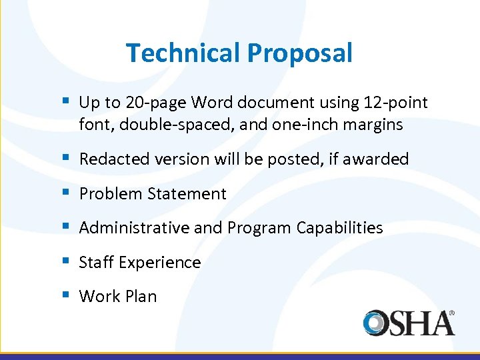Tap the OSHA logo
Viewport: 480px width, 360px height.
coord(409,323)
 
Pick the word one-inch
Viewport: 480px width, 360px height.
coord(293,125)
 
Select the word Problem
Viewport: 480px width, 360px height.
coord(109,194)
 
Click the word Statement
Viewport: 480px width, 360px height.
coord(187,194)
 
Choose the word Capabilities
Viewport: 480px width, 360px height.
coord(340,228)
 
